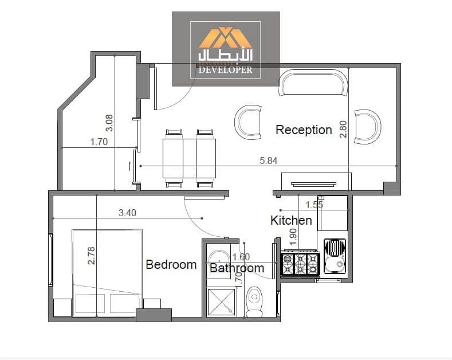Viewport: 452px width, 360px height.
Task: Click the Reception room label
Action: tap(304, 130)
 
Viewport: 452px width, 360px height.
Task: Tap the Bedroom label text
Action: tap(171, 264)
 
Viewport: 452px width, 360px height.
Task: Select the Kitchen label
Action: tap(291, 220)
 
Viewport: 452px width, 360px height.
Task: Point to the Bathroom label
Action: tap(237, 268)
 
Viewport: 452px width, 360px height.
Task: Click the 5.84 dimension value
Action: tap(268, 161)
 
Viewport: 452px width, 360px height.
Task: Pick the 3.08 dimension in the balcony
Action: tap(109, 123)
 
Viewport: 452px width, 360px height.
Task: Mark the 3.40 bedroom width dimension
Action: tap(127, 213)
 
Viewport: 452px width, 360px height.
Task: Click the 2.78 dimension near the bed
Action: tap(91, 256)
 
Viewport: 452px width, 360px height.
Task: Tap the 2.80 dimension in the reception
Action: tap(343, 129)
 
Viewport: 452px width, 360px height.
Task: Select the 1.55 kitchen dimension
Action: tap(314, 205)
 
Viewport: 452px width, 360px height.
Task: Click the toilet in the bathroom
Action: tap(254, 302)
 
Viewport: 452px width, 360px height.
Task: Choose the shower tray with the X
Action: tap(221, 302)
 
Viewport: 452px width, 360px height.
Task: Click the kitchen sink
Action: tap(335, 256)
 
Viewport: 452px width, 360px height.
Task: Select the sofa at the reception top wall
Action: tap(313, 83)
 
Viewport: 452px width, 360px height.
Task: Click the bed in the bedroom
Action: tap(107, 273)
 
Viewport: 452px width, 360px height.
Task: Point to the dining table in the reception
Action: tap(190, 158)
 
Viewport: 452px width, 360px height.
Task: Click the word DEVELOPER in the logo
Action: tap(225, 69)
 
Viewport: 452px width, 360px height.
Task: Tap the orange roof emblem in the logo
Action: tap(225, 37)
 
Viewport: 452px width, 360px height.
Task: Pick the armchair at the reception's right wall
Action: tap(368, 127)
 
